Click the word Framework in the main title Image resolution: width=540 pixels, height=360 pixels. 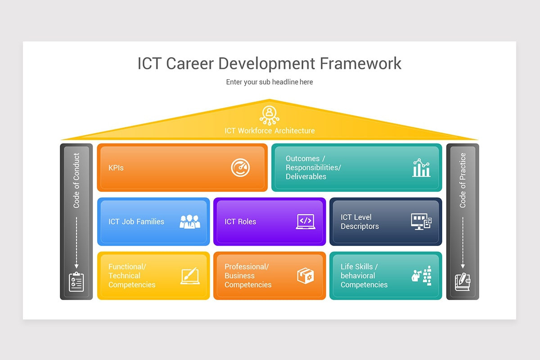click(x=360, y=64)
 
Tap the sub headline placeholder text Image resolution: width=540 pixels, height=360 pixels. click(x=270, y=82)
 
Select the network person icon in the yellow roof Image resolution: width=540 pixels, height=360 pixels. click(x=270, y=114)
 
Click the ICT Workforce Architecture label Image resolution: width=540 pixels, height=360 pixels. click(x=270, y=131)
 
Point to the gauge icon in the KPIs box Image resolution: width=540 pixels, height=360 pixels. click(x=240, y=168)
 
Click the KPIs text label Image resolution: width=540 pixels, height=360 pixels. click(x=116, y=168)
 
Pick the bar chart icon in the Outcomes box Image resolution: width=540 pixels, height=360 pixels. click(x=421, y=167)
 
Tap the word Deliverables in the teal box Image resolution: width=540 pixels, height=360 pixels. click(x=306, y=177)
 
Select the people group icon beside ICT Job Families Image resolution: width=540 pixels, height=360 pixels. click(x=189, y=221)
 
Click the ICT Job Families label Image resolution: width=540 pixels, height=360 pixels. click(x=136, y=222)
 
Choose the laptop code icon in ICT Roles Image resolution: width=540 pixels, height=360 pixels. click(x=306, y=221)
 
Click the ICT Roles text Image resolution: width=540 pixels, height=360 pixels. click(x=240, y=222)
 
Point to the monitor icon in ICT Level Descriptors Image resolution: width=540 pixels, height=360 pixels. click(x=421, y=221)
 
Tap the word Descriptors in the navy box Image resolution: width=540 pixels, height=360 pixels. click(x=360, y=226)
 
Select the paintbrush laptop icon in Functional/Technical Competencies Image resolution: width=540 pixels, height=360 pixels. click(x=190, y=276)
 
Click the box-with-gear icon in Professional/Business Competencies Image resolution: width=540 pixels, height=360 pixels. click(x=306, y=276)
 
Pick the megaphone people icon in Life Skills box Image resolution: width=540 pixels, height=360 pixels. click(x=422, y=275)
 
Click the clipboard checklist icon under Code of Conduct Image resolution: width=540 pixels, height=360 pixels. click(x=76, y=282)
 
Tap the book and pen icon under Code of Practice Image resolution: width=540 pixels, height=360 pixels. click(x=463, y=282)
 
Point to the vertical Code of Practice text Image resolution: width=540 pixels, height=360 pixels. click(x=463, y=180)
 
